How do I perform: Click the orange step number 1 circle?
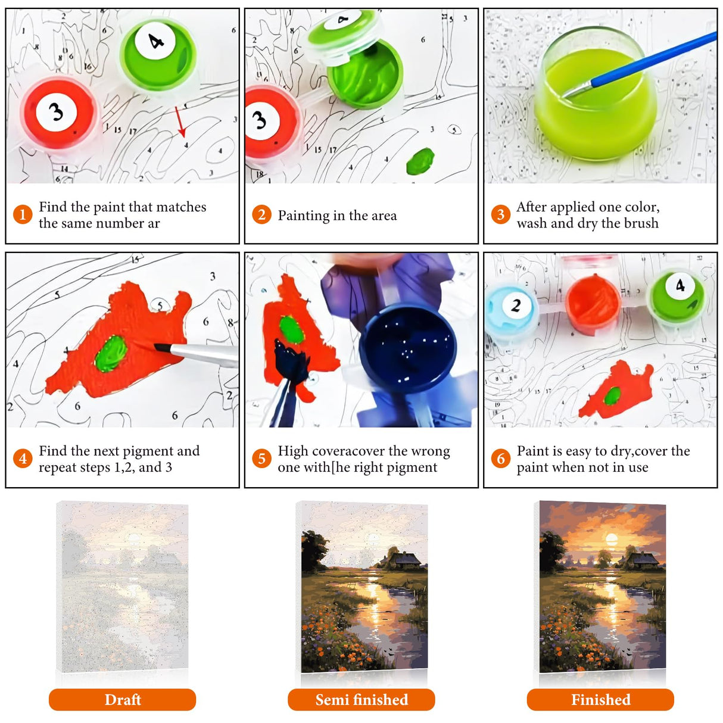click(x=23, y=214)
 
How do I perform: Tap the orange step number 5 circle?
click(x=261, y=458)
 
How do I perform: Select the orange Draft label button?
click(x=122, y=700)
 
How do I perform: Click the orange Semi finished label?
click(x=361, y=700)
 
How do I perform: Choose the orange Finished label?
click(x=600, y=700)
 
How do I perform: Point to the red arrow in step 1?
click(x=180, y=121)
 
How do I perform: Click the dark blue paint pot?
click(x=407, y=348)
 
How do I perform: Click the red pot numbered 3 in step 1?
click(x=58, y=113)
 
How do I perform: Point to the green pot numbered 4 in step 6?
click(x=677, y=297)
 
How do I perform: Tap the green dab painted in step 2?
click(x=420, y=161)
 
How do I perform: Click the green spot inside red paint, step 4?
click(x=111, y=353)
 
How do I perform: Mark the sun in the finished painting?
click(x=612, y=540)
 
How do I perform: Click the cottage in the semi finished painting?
click(x=403, y=560)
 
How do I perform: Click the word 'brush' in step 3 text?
click(x=640, y=223)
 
